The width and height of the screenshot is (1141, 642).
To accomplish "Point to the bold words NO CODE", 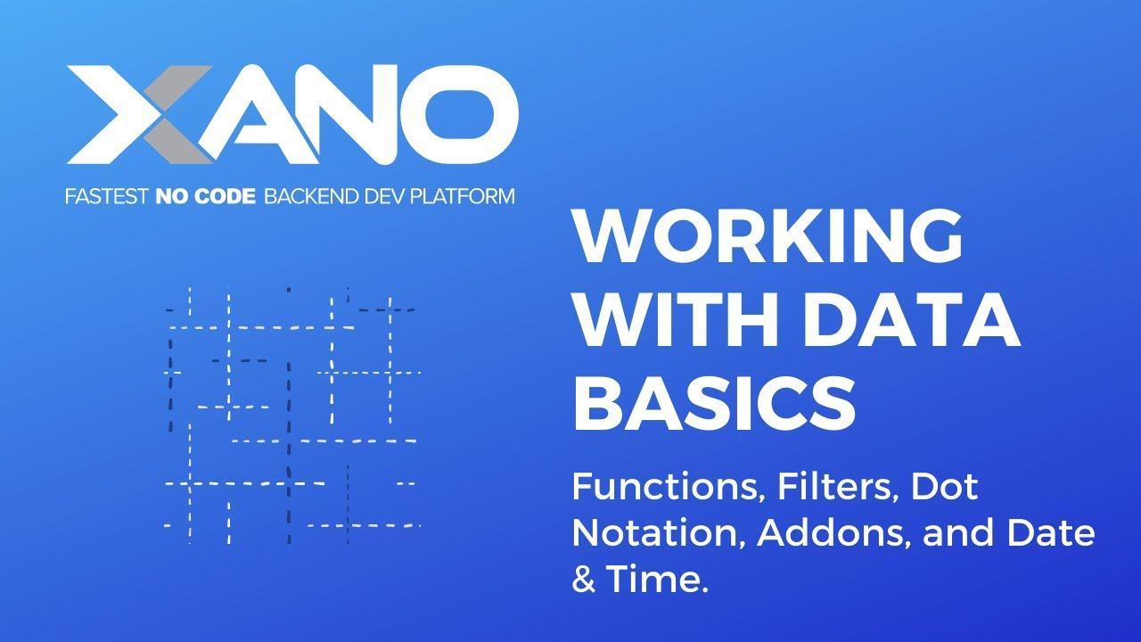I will tap(206, 195).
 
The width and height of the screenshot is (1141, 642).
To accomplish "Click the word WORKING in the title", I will tap(768, 236).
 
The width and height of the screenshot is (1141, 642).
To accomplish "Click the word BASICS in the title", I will tap(714, 401).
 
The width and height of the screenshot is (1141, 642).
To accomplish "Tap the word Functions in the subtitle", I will tap(666, 487).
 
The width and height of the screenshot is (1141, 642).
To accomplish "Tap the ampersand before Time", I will tap(582, 580).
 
